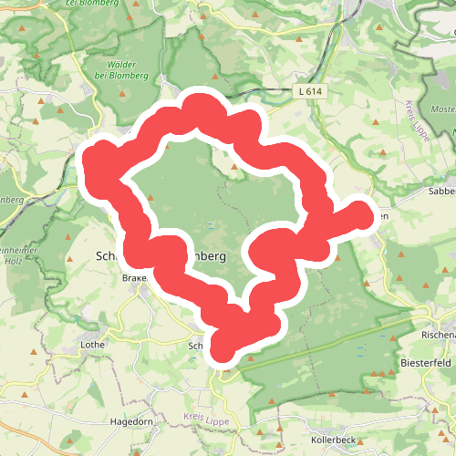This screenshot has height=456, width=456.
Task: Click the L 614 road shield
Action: click(310, 92)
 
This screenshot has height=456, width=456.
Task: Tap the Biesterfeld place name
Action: click(426, 363)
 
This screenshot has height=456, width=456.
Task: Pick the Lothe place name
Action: click(93, 346)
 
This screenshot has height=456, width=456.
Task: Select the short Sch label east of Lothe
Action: click(195, 346)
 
